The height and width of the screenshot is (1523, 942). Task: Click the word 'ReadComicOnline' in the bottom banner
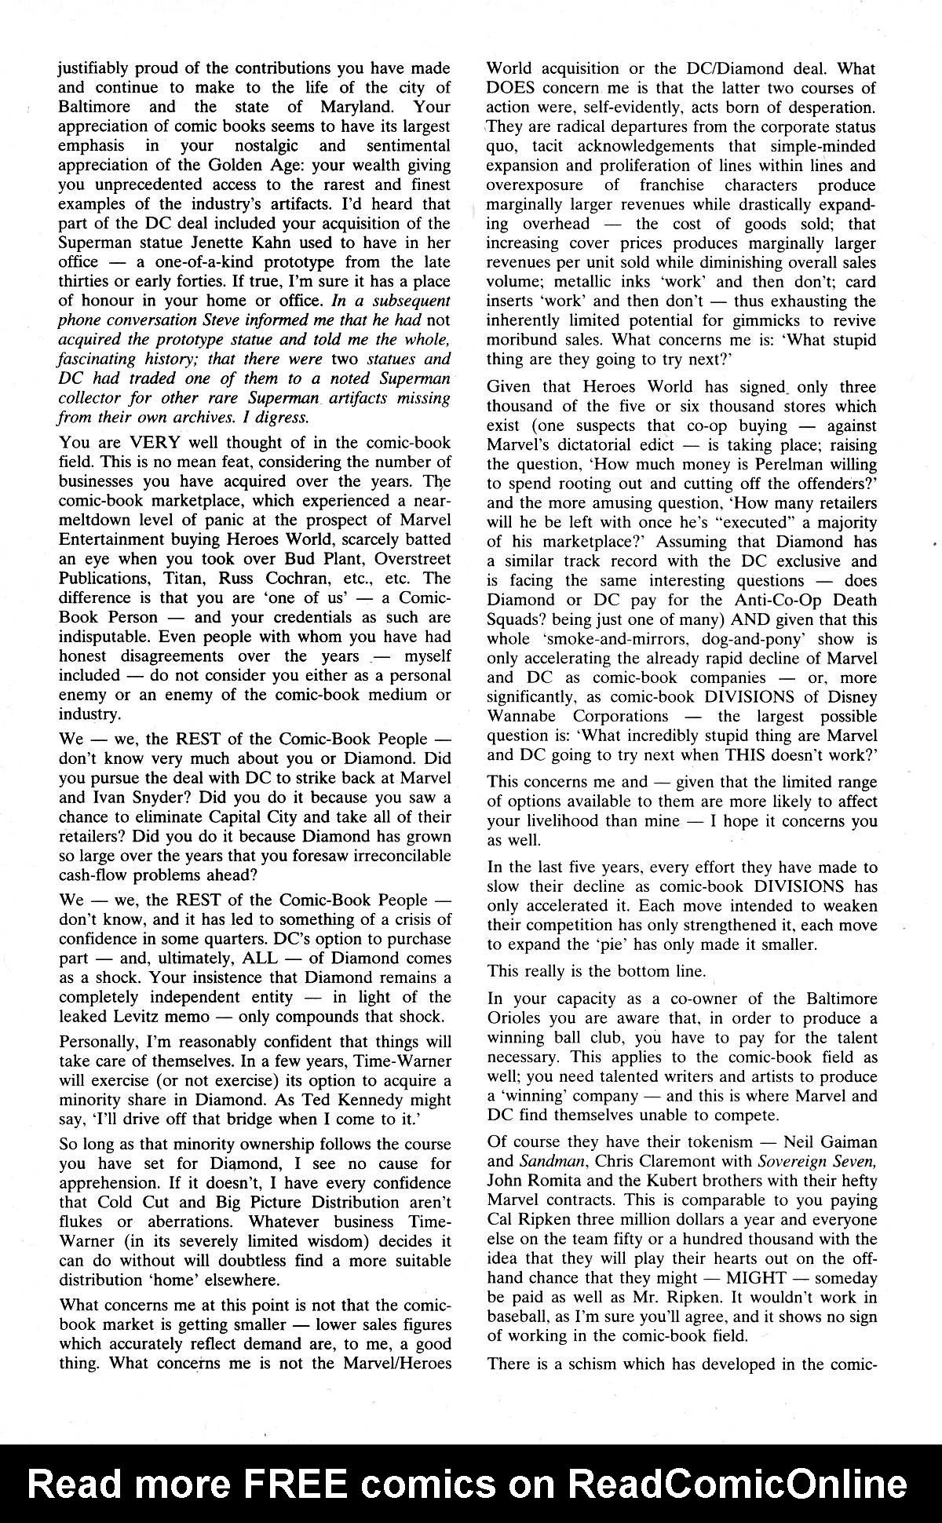pos(737,1483)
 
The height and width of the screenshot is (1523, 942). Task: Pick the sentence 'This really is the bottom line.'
pos(596,971)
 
